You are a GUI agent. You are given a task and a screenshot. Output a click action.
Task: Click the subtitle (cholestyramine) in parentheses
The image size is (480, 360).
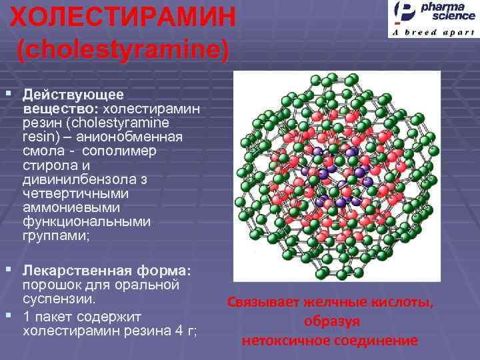point(123,50)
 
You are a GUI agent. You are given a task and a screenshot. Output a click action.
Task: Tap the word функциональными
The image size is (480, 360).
point(87,221)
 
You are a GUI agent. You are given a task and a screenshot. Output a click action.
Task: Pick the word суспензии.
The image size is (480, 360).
point(63,299)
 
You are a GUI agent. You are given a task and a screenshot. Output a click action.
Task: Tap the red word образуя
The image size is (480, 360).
point(331,321)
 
